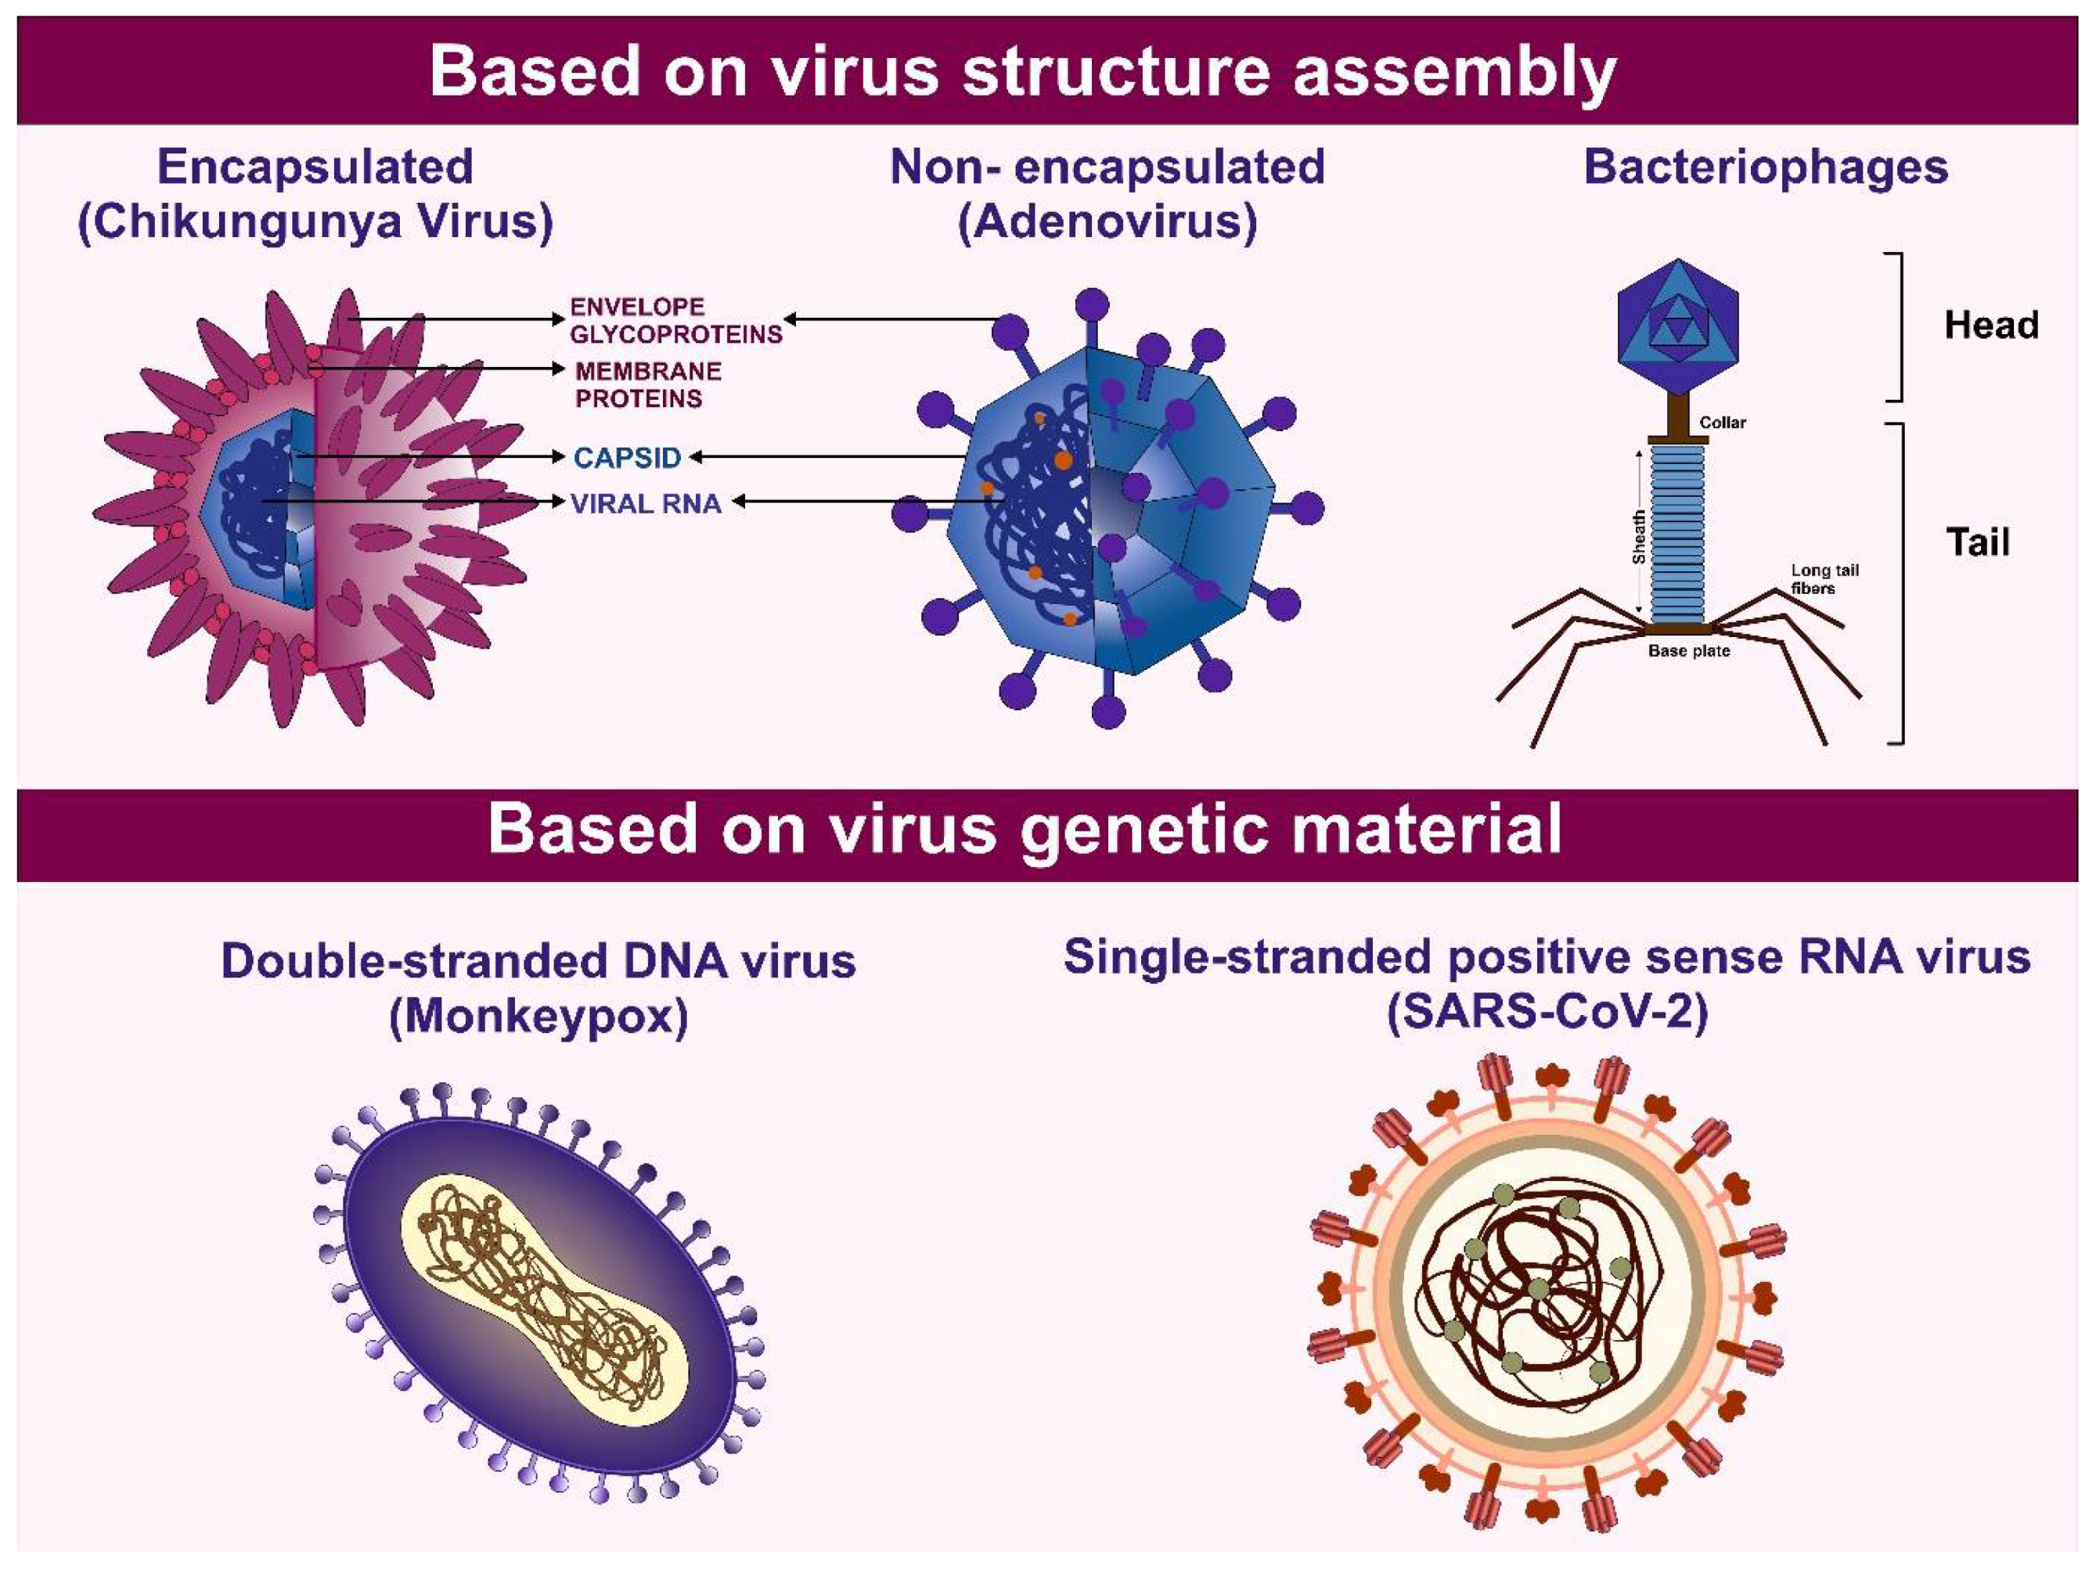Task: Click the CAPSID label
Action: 627,458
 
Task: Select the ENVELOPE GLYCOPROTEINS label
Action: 675,320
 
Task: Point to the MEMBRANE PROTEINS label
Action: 648,385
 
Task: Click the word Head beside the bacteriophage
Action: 1991,325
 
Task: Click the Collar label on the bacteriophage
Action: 1723,423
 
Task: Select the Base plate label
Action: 1688,651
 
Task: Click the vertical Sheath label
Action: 1638,537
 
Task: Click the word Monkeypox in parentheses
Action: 538,1017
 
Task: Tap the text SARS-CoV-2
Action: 1547,1013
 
